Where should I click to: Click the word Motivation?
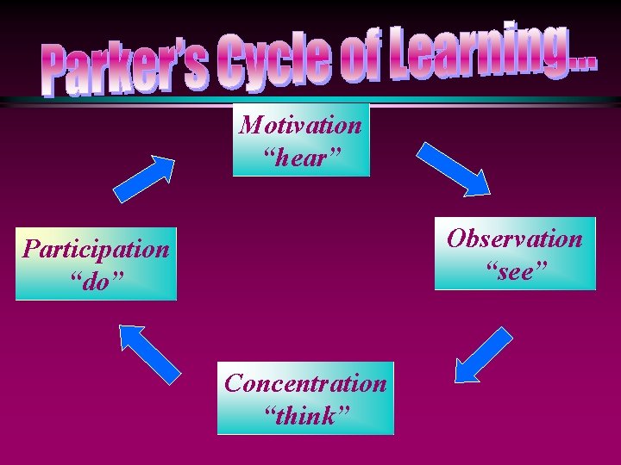tap(301, 125)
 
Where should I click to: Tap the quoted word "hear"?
tap(301, 157)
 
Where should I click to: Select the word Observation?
tap(515, 239)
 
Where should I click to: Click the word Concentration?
tap(305, 383)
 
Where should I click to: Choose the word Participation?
tap(96, 250)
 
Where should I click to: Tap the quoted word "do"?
tap(96, 281)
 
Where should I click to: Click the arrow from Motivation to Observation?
tap(455, 168)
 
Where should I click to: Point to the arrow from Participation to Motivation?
tap(144, 179)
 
